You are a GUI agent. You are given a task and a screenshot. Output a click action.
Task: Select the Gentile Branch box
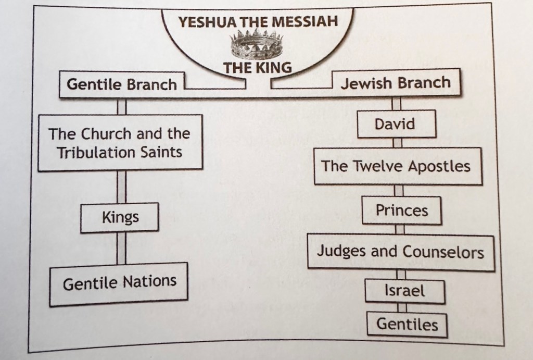(122, 84)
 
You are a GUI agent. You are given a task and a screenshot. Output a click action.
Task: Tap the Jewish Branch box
(396, 83)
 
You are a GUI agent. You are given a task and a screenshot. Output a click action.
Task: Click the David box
(395, 124)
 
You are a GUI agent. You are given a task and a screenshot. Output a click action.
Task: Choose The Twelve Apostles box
(396, 166)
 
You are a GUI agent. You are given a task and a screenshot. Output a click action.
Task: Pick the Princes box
(402, 210)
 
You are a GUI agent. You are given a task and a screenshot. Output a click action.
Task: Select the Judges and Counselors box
(400, 252)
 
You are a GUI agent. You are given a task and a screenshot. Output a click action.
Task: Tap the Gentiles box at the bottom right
(407, 324)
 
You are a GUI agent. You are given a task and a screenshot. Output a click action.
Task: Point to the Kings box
(120, 216)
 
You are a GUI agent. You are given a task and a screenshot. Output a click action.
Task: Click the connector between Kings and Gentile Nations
(121, 249)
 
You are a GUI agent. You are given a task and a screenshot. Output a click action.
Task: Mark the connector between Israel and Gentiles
(402, 307)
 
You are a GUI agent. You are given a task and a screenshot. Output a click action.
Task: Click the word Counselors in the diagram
(443, 252)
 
